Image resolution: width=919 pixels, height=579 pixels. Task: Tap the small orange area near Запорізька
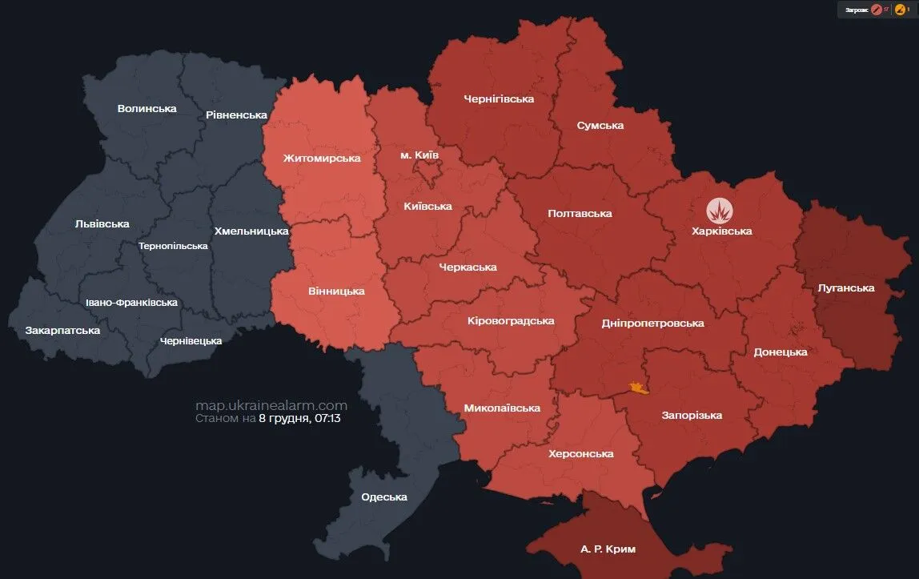pyautogui.click(x=638, y=388)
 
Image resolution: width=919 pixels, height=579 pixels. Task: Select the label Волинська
pyautogui.click(x=146, y=108)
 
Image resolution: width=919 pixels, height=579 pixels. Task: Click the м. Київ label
pyautogui.click(x=419, y=154)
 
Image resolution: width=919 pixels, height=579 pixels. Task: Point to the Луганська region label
pyautogui.click(x=846, y=287)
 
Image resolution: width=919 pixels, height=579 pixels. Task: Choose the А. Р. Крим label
pyautogui.click(x=608, y=549)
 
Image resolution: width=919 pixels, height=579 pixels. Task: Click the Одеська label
pyautogui.click(x=384, y=497)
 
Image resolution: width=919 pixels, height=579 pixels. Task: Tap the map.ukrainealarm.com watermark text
pyautogui.click(x=271, y=405)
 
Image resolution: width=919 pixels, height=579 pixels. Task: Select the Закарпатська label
pyautogui.click(x=62, y=330)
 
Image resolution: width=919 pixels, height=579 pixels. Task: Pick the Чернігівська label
pyautogui.click(x=499, y=99)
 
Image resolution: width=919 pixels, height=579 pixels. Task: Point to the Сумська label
pyautogui.click(x=600, y=125)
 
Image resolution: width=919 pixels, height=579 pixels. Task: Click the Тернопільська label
pyautogui.click(x=173, y=246)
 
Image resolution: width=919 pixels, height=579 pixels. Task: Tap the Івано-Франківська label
pyautogui.click(x=131, y=303)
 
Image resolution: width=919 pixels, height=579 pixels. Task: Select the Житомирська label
pyautogui.click(x=322, y=158)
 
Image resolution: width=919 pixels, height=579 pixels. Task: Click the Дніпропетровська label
pyautogui.click(x=652, y=323)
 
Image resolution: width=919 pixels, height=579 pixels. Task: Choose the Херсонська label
pyautogui.click(x=581, y=453)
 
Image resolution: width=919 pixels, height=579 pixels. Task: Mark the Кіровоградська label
pyautogui.click(x=511, y=320)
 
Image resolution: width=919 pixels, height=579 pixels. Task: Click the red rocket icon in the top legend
pyautogui.click(x=876, y=10)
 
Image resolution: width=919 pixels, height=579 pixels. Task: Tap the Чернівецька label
pyautogui.click(x=191, y=340)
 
